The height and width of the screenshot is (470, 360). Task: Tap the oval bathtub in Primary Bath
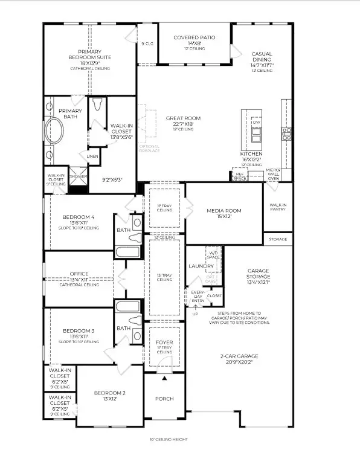56,130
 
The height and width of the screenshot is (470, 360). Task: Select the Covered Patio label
194,37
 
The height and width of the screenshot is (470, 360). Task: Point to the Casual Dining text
262,57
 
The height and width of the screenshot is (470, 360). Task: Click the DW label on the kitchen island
256,123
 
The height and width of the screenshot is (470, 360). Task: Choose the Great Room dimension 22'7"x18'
183,124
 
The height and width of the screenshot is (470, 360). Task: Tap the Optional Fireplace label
149,149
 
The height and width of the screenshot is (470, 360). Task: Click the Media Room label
224,211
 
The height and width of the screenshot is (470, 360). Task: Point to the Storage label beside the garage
278,239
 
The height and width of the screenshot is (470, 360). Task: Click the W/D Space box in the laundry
214,254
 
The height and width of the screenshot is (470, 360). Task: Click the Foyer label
164,343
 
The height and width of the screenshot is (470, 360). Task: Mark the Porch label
164,399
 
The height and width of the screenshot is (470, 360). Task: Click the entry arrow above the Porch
164,379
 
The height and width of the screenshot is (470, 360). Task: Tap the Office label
79,274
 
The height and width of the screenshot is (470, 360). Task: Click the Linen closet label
92,156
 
